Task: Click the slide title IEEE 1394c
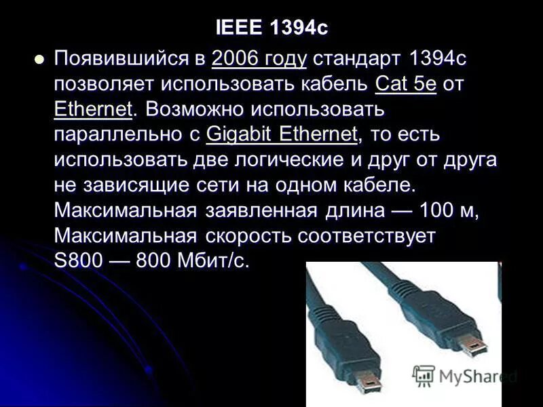click(x=271, y=28)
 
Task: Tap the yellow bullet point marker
click(x=39, y=59)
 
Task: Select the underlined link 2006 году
click(x=259, y=58)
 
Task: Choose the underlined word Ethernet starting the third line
click(x=92, y=109)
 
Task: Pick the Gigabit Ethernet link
click(x=281, y=134)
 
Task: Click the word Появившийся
click(x=122, y=58)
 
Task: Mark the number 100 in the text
click(x=439, y=211)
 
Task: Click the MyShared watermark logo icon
click(x=424, y=375)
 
